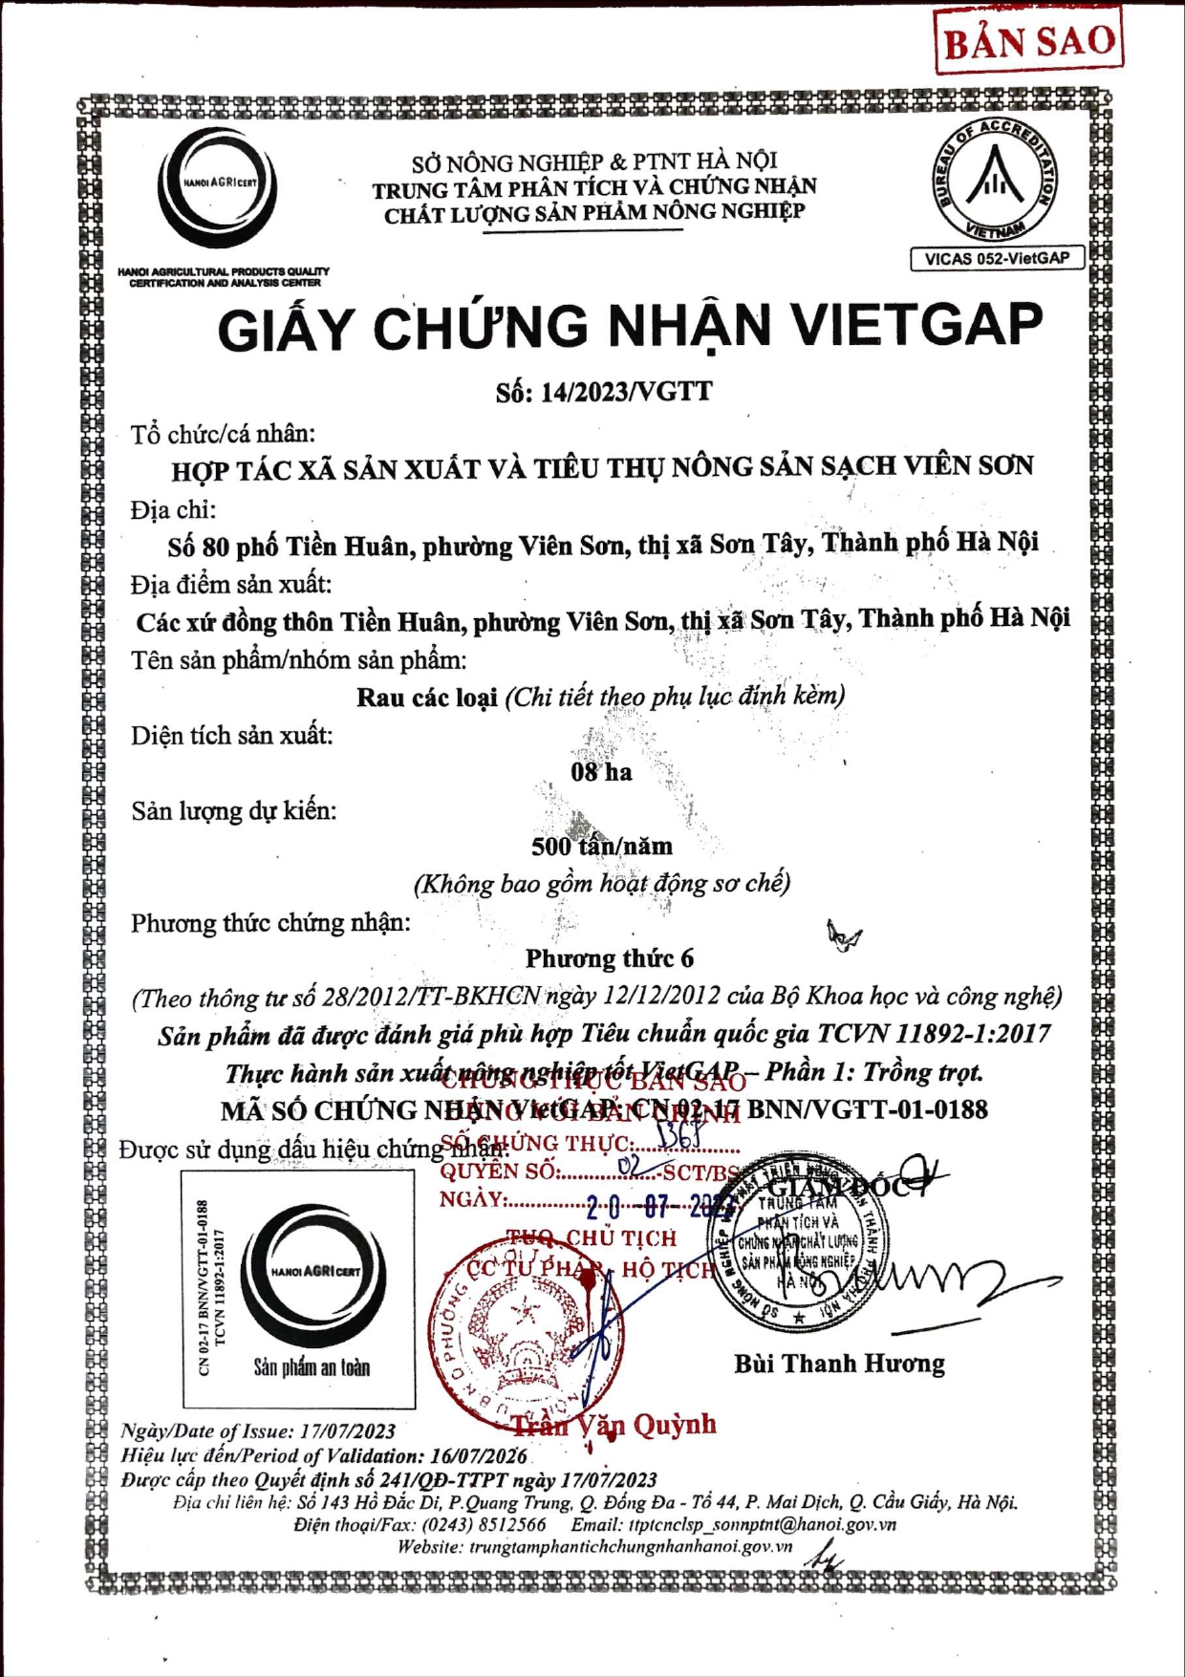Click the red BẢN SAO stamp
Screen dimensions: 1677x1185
coord(1029,40)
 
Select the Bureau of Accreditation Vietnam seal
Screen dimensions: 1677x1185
coord(996,179)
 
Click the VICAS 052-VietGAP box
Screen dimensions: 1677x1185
coord(997,258)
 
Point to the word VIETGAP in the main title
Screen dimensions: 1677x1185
coord(917,326)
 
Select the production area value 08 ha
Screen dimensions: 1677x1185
coord(601,772)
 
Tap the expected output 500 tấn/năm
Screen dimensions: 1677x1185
coord(602,847)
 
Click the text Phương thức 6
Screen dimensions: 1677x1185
coord(609,958)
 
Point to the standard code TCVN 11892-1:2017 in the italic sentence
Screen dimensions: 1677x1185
coord(934,1034)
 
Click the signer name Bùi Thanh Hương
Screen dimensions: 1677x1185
coord(839,1364)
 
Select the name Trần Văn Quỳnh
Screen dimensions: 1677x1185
coord(613,1425)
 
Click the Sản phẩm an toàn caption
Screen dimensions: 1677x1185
coord(312,1367)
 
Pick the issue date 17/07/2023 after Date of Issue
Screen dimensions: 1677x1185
coord(348,1431)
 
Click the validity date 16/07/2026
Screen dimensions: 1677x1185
coord(479,1455)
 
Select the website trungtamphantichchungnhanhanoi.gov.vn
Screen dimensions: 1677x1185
coord(631,1547)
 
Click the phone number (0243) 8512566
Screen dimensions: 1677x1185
coord(485,1524)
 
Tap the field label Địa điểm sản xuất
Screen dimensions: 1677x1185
coord(231,585)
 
